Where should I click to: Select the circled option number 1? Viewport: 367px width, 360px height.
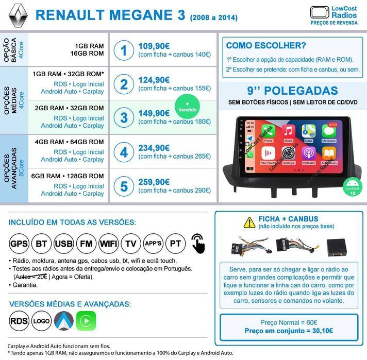tap(124, 50)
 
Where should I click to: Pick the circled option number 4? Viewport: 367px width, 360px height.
tap(124, 152)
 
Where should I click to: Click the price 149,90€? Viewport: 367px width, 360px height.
tap(154, 113)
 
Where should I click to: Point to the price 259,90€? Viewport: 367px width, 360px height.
tap(154, 182)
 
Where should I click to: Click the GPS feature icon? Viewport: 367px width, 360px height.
tap(20, 243)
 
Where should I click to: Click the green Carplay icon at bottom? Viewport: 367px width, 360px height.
tap(86, 321)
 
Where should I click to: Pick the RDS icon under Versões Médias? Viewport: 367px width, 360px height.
tap(19, 321)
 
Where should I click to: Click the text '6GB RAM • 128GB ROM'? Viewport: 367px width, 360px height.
tap(69, 176)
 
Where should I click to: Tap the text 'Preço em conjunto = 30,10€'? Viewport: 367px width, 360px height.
tap(289, 331)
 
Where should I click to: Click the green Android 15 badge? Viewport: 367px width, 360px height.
tap(352, 186)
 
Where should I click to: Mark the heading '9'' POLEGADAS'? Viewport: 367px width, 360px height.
tap(292, 91)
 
